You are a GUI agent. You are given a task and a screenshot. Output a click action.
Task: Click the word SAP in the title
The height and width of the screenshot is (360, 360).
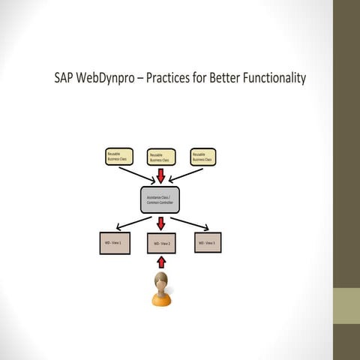65,79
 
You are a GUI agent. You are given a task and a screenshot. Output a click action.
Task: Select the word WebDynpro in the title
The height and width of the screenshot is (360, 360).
109,79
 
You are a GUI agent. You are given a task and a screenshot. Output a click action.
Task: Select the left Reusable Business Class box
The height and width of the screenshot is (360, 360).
118,157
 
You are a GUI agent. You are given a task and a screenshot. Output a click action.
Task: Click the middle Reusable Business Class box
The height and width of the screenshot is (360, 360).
160,157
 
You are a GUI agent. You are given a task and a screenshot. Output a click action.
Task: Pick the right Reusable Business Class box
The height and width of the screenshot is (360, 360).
203,157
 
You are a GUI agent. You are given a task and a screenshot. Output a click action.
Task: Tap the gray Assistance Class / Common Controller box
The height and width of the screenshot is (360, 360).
161,200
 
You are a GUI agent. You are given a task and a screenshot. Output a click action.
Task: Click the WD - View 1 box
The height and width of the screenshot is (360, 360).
115,243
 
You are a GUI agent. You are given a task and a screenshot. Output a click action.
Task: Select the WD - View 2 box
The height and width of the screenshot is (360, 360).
162,244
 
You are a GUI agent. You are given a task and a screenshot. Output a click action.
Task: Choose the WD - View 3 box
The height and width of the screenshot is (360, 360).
207,242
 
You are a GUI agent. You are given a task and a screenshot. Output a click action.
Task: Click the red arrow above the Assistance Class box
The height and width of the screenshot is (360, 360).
161,176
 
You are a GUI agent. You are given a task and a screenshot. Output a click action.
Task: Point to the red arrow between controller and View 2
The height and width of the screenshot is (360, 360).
161,223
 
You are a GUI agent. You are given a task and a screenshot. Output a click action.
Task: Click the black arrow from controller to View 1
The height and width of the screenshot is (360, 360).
133,223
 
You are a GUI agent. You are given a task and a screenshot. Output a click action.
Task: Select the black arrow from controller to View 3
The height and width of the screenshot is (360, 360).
190,223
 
